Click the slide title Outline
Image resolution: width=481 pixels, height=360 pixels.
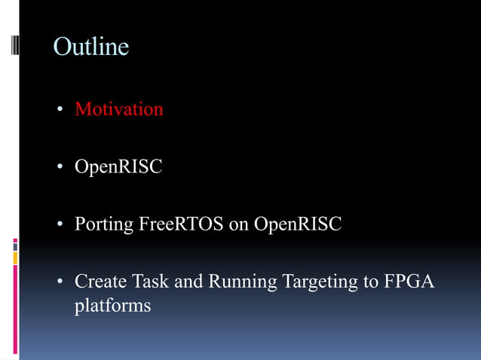(x=90, y=47)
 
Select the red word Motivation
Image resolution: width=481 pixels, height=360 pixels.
(x=118, y=109)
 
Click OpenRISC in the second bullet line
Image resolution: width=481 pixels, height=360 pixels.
(x=118, y=166)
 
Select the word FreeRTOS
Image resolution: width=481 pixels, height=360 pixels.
(x=181, y=224)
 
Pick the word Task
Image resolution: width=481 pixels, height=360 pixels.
(x=150, y=282)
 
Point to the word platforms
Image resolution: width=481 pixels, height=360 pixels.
(x=112, y=307)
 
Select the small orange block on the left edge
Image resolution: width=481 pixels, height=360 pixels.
(x=14, y=258)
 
